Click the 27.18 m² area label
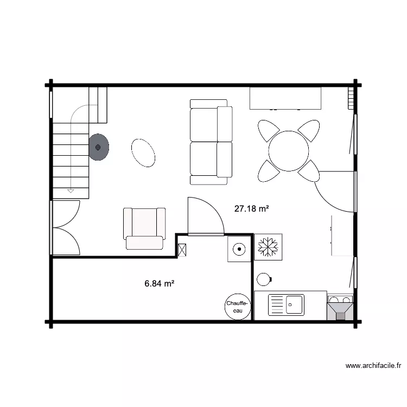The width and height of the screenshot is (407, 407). click(x=252, y=208)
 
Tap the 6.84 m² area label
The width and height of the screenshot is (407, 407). click(x=159, y=283)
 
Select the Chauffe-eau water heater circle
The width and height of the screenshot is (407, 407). click(x=237, y=307)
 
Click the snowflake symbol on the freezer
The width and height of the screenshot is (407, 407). click(x=267, y=246)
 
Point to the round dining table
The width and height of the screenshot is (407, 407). click(x=289, y=148)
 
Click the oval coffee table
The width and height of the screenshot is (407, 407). click(x=144, y=152)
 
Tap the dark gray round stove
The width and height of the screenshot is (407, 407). click(x=99, y=147)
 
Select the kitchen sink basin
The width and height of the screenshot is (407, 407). click(x=295, y=304)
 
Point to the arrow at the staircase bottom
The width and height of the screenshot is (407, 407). click(x=71, y=190)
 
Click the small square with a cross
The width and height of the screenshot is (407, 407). click(x=182, y=250)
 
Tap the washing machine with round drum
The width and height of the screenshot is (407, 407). click(x=239, y=249)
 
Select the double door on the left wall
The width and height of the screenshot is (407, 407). click(x=65, y=227)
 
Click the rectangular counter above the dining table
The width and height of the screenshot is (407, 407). click(x=285, y=98)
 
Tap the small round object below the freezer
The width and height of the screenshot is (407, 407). click(x=264, y=279)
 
